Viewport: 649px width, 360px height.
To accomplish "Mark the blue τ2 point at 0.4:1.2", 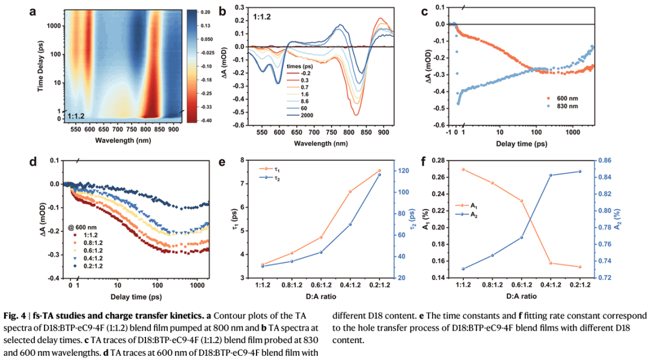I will [x=350, y=224].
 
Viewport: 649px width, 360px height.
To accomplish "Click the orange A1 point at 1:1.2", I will [x=463, y=169].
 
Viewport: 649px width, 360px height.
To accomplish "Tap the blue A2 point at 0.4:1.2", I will [x=550, y=175].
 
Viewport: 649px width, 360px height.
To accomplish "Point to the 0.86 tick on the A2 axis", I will [x=605, y=160].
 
